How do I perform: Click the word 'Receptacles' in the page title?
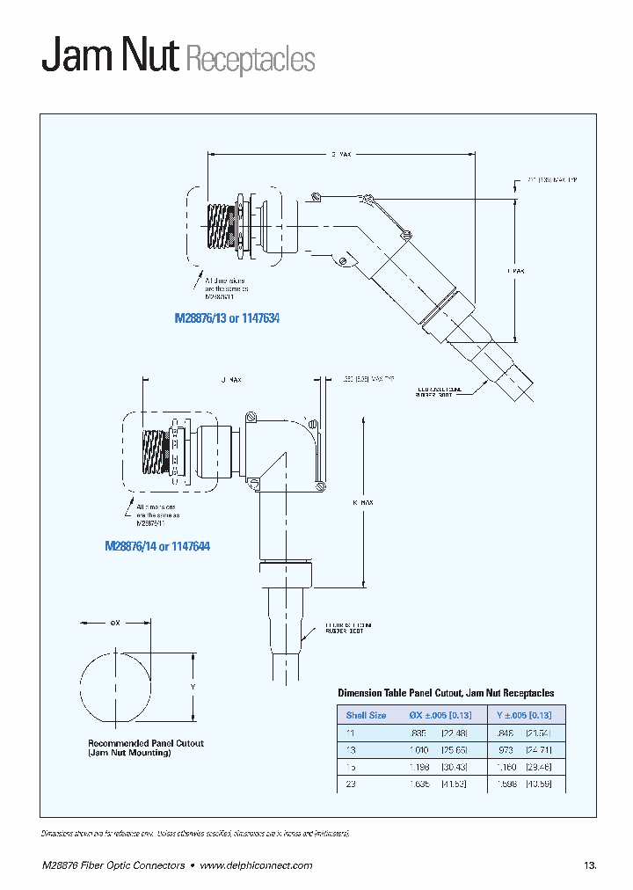[250, 60]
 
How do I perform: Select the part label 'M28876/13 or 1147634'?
[226, 318]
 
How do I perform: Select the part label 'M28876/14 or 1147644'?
[157, 546]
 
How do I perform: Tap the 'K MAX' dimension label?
[363, 502]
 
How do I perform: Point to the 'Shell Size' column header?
[366, 715]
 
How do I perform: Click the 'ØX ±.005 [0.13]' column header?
[441, 715]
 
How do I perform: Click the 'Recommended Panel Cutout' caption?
[146, 743]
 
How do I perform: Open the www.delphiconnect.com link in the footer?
[256, 865]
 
